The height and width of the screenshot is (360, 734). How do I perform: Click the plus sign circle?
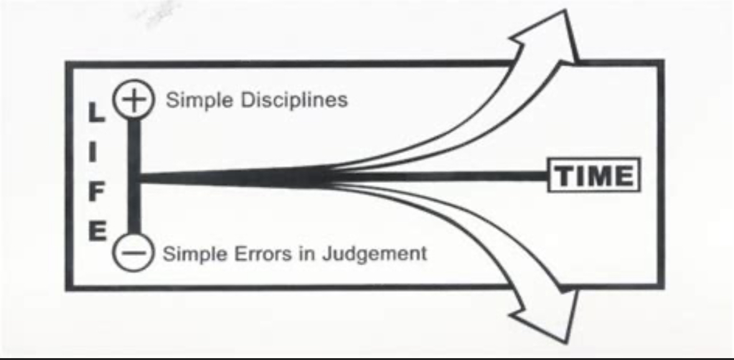coord(131,100)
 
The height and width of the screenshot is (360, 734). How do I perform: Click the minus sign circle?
coord(131,253)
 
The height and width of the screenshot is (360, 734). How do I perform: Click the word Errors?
coord(261,254)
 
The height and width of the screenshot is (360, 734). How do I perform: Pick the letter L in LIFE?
coord(94,113)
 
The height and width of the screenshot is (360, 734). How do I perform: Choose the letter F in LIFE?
coord(94,192)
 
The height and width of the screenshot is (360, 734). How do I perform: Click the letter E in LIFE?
coord(94,232)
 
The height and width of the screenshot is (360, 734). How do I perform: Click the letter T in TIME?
coord(564,176)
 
